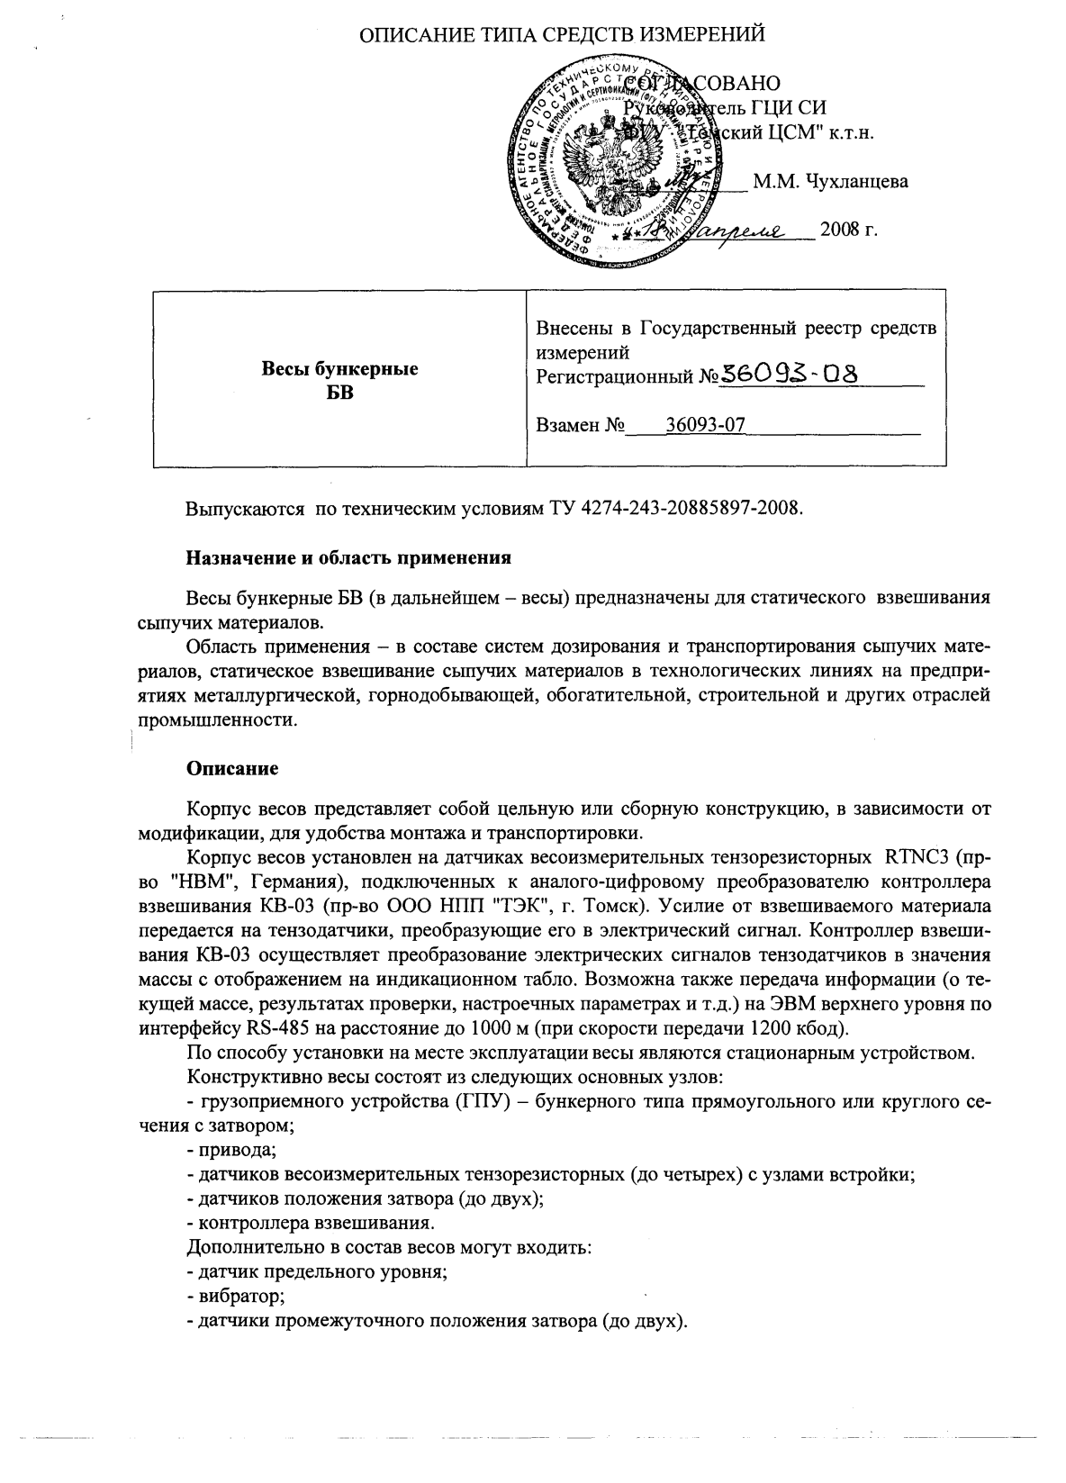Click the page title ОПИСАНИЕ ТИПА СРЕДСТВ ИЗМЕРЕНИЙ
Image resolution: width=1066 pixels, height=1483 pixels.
coord(563,35)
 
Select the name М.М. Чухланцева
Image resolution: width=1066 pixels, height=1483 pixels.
coord(830,182)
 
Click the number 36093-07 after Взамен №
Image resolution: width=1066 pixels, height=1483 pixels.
coord(705,425)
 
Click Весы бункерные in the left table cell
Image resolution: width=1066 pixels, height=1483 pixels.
coord(339,369)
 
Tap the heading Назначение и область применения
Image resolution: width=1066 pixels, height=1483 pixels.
coord(348,558)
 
